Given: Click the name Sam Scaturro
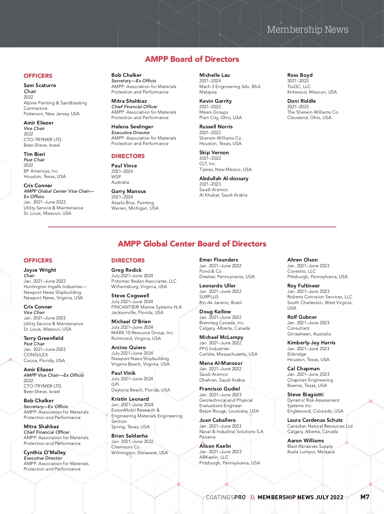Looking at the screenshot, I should tap(40, 85).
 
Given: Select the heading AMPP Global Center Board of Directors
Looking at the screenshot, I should tap(192, 244).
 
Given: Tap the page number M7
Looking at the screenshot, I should tap(365, 497).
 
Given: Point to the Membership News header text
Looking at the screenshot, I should tap(308, 30).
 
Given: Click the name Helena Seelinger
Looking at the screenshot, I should tap(132, 127).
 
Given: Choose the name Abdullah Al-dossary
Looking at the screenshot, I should tap(224, 179).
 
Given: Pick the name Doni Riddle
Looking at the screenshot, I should tap(301, 101).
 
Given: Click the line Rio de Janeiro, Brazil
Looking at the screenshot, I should tap(220, 302).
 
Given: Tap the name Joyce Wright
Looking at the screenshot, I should tap(40, 270).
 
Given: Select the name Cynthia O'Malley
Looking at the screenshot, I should tap(44, 453).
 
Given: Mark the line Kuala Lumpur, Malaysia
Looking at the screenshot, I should tap(311, 452).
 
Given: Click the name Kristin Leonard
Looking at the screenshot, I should tap(130, 399).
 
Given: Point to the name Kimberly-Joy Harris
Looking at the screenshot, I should tap(311, 343).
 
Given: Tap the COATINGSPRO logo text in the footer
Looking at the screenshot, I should tap(226, 497).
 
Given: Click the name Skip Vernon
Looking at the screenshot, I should tap(214, 153).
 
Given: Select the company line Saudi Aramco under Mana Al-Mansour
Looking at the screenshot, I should tap(213, 374).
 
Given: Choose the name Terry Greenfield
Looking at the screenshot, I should tap(43, 338).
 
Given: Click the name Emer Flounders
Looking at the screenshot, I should tap(219, 260).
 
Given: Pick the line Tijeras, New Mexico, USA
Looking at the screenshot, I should tap(225, 169).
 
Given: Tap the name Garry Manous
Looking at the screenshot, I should tap(128, 191).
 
